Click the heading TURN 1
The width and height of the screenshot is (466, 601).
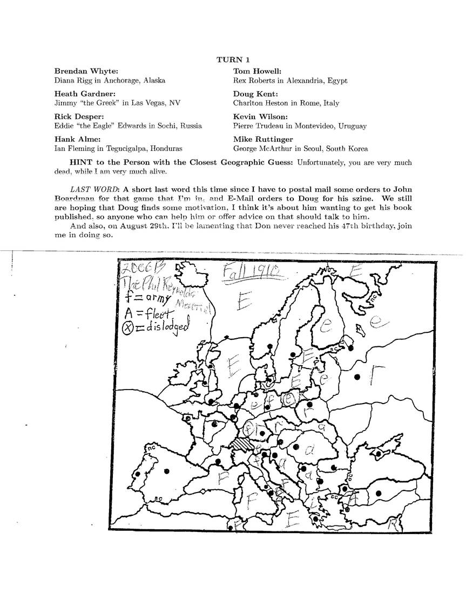(x=233, y=59)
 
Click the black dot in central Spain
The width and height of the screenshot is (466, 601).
(x=167, y=471)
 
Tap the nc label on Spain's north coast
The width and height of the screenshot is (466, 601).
(x=150, y=448)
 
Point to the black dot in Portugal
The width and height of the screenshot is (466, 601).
(x=138, y=474)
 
